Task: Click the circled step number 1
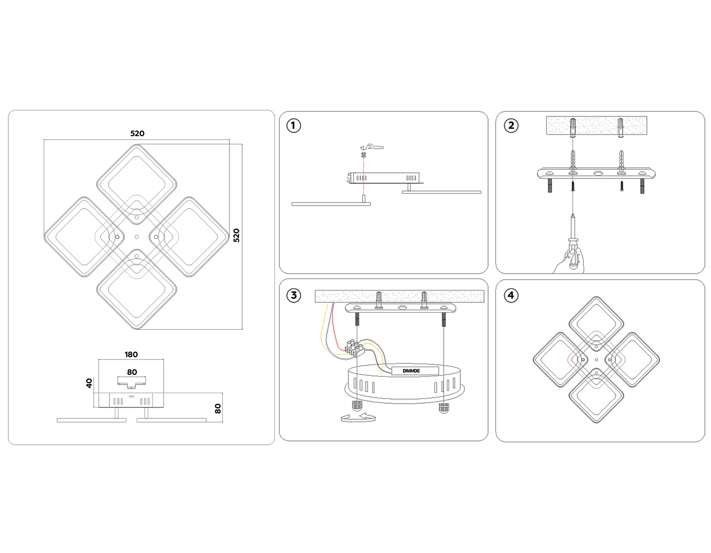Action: click(293, 126)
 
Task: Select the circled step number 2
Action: click(511, 126)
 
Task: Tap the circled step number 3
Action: click(293, 295)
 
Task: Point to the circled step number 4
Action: click(511, 295)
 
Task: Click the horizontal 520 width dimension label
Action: click(137, 134)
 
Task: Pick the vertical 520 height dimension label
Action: click(237, 236)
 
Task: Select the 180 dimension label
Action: click(131, 354)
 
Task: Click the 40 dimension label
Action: click(89, 383)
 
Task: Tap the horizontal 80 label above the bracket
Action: click(132, 372)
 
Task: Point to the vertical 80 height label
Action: click(218, 408)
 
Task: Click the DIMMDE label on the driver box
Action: click(411, 371)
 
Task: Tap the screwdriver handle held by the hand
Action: click(574, 258)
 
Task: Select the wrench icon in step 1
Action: click(375, 147)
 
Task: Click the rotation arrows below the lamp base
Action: click(358, 417)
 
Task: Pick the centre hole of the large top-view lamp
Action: click(137, 237)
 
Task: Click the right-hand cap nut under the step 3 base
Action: click(444, 407)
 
